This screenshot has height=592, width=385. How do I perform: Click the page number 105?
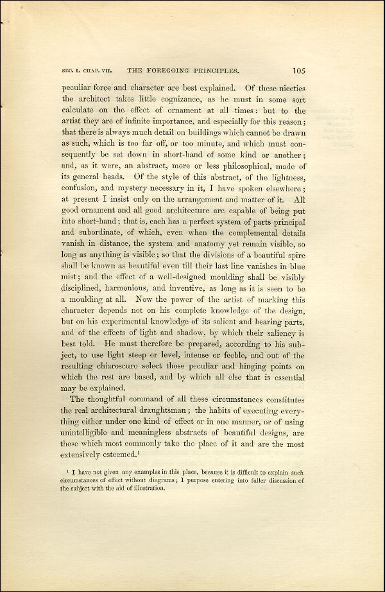tap(300, 71)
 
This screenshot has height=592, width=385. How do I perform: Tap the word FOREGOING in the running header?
tap(169, 71)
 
